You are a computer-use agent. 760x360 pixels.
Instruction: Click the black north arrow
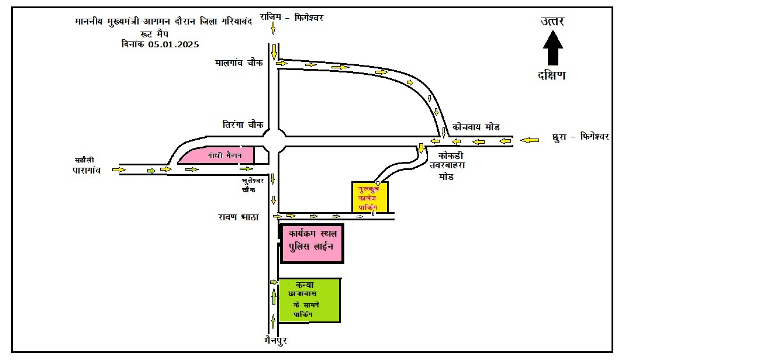point(552,48)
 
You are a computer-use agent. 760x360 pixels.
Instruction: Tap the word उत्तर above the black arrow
point(552,22)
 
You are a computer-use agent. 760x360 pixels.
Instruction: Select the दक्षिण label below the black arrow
point(552,75)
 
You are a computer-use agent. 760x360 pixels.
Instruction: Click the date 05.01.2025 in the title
point(173,44)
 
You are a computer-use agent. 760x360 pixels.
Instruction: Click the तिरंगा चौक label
point(243,124)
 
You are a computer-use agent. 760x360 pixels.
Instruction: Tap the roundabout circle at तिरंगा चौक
point(274,141)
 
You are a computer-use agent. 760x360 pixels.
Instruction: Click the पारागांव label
point(83,170)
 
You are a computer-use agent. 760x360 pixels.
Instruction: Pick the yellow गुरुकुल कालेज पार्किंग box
point(369,196)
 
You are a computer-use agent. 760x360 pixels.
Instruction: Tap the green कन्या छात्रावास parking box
point(309,300)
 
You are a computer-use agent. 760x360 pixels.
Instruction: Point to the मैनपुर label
point(274,340)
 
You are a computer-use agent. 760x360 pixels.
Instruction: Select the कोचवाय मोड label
point(476,127)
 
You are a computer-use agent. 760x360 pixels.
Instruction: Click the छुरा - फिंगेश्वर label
point(581,137)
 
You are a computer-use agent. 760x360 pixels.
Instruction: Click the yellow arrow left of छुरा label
point(530,140)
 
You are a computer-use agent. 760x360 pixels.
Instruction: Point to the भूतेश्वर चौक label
point(253,185)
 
